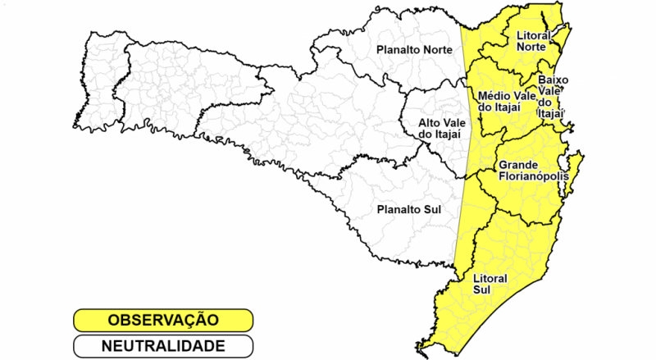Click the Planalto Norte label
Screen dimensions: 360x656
click(x=413, y=51)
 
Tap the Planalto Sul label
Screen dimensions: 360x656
click(x=408, y=209)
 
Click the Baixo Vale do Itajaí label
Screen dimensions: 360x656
click(x=552, y=97)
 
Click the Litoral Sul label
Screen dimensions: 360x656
click(x=490, y=284)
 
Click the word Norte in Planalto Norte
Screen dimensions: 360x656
click(x=437, y=51)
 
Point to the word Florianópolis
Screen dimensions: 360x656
click(x=533, y=175)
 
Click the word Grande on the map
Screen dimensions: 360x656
click(x=519, y=164)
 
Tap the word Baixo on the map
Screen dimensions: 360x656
click(x=553, y=80)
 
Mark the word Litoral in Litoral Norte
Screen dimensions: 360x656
click(x=534, y=35)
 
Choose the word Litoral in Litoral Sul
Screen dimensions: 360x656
click(x=490, y=278)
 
